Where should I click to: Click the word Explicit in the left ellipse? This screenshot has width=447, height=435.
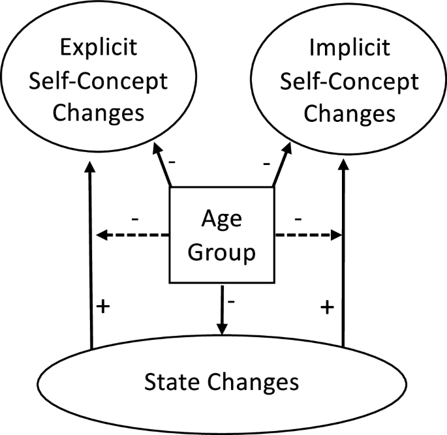pyautogui.click(x=99, y=48)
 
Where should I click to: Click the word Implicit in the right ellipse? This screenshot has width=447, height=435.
pyautogui.click(x=350, y=48)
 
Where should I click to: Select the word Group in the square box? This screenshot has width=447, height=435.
pyautogui.click(x=221, y=253)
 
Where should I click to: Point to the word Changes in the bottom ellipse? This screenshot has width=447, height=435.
pyautogui.click(x=253, y=383)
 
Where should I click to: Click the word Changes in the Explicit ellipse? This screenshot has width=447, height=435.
pyautogui.click(x=99, y=114)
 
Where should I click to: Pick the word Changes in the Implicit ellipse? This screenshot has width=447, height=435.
pyautogui.click(x=350, y=114)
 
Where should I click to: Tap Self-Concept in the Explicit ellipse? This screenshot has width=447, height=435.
pyautogui.click(x=99, y=82)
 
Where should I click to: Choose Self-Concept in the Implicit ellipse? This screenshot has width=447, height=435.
pyautogui.click(x=350, y=82)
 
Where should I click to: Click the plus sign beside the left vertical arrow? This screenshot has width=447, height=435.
pyautogui.click(x=103, y=307)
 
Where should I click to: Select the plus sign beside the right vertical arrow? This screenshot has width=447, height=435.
pyautogui.click(x=328, y=308)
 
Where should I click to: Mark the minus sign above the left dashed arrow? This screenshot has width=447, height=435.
pyautogui.click(x=135, y=219)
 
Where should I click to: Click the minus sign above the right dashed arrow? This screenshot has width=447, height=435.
pyautogui.click(x=298, y=219)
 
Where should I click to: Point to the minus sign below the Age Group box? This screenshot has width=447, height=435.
pyautogui.click(x=231, y=301)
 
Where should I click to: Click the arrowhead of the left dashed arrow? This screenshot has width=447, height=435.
pyautogui.click(x=102, y=235)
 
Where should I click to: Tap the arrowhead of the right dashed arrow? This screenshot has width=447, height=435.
pyautogui.click(x=336, y=235)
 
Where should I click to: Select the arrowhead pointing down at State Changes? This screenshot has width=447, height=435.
pyautogui.click(x=222, y=329)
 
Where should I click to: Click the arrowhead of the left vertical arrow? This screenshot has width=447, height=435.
pyautogui.click(x=90, y=167)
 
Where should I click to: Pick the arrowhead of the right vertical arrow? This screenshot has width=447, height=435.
pyautogui.click(x=343, y=165)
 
